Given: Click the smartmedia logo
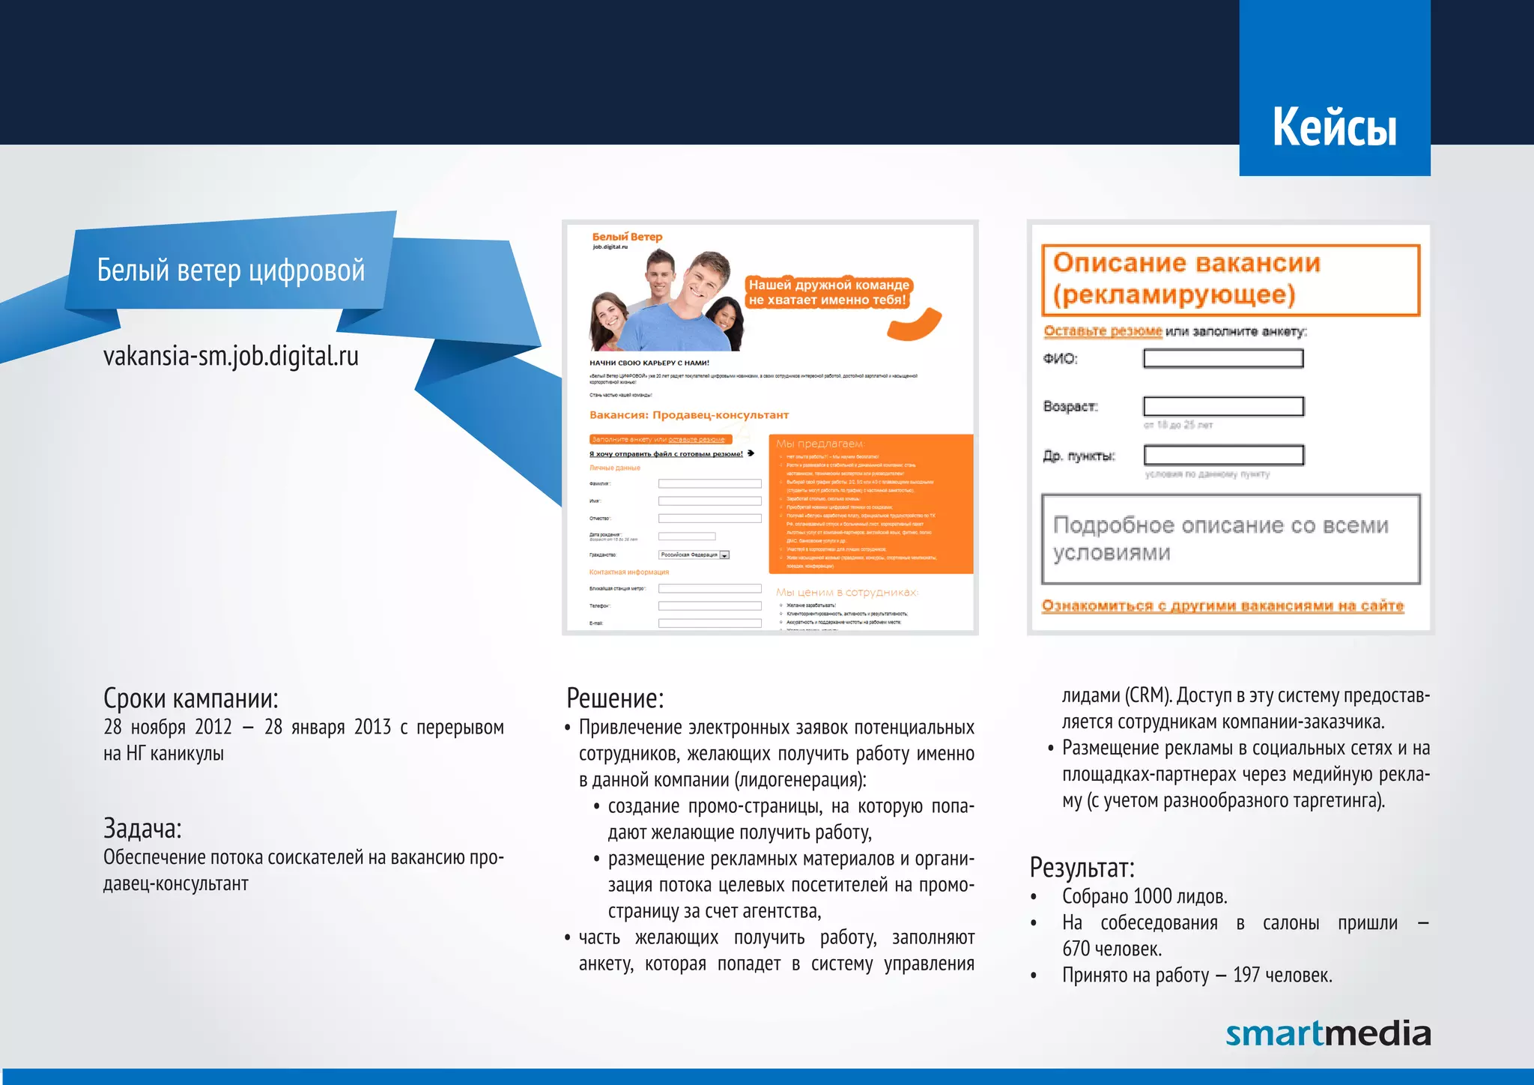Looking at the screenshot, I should click(1327, 1033).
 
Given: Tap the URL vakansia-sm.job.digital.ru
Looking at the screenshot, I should click(231, 356).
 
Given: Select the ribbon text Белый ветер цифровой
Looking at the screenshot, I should click(231, 270).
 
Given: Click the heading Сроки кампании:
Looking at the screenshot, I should click(190, 698).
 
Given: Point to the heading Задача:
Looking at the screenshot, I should click(142, 829).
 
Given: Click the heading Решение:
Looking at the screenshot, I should click(614, 698).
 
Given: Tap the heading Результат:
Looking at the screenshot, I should click(1082, 868).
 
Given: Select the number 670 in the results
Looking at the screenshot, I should click(1076, 949).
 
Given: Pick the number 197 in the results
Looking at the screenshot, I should click(1246, 975).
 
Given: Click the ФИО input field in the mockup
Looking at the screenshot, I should click(1222, 359).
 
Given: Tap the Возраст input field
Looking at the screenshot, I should click(1222, 406).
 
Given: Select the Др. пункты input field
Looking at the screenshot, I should click(1222, 455).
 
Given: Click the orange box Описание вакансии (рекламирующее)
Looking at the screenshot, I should click(1230, 279).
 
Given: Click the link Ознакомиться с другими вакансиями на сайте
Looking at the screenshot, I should click(1222, 605).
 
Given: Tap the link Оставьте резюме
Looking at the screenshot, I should click(1103, 331).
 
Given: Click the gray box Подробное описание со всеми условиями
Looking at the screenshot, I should click(1230, 539).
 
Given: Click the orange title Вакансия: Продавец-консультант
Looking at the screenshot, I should click(688, 415).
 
